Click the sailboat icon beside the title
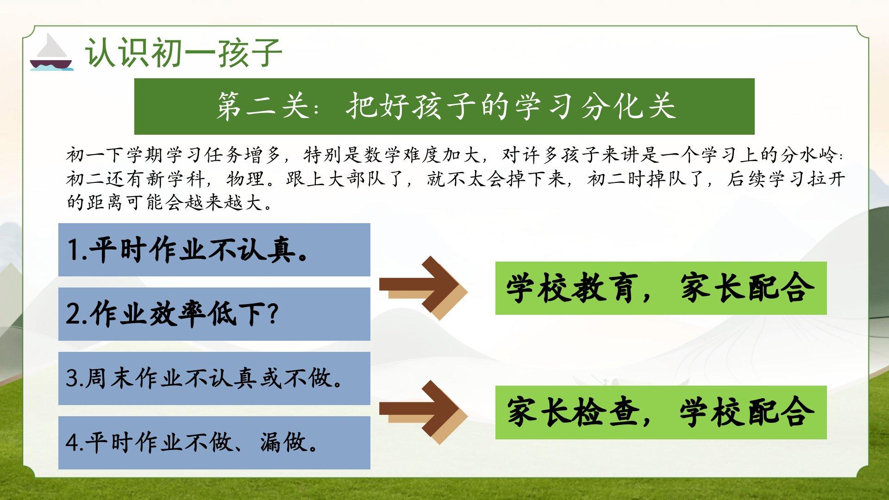click(51, 52)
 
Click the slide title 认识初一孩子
click(183, 53)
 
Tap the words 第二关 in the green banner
click(263, 106)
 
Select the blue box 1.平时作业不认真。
click(214, 250)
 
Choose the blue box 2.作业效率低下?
click(214, 314)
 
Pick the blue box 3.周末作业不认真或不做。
click(214, 378)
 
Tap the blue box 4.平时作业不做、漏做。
click(214, 443)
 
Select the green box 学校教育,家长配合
click(661, 288)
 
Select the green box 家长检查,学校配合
click(661, 412)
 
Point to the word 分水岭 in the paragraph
click(810, 155)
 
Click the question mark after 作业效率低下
click(273, 314)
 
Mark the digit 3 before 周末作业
click(72, 378)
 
